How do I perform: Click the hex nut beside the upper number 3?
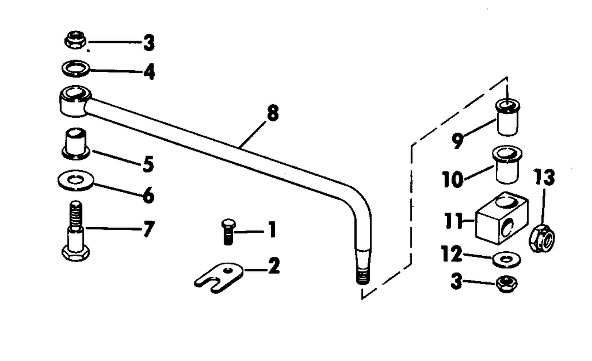(x=75, y=40)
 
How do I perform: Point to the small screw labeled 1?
(x=229, y=232)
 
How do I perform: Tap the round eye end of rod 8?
(x=75, y=101)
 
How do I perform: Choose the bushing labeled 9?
(x=508, y=118)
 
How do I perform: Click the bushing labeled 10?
(x=507, y=165)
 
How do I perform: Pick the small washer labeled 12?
(x=506, y=260)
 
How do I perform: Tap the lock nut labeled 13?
(x=542, y=238)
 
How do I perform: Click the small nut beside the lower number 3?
(x=507, y=284)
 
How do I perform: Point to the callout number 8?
(x=273, y=113)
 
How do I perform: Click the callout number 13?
(x=544, y=177)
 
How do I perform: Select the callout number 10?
(x=453, y=179)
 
